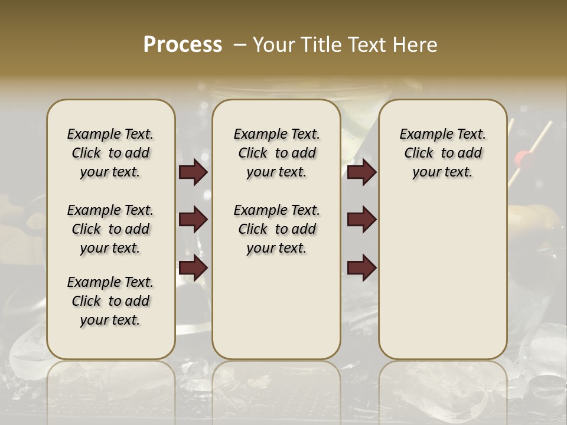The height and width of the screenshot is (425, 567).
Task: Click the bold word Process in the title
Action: (183, 45)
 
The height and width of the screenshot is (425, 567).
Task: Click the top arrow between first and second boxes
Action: (193, 172)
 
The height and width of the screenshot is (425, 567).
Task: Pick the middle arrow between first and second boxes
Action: (193, 220)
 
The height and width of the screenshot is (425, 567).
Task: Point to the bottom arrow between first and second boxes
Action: (193, 268)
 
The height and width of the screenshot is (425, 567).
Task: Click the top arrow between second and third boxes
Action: (361, 172)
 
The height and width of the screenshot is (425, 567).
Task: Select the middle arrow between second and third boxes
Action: (361, 220)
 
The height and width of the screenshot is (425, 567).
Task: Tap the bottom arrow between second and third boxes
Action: (361, 268)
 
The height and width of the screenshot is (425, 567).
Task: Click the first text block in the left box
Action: (110, 153)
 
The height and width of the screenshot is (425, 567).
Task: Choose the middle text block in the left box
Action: (110, 229)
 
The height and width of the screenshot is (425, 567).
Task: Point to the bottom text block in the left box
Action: (110, 301)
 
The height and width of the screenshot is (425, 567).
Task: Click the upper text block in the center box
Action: (276, 153)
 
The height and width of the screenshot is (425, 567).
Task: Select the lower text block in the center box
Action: (276, 229)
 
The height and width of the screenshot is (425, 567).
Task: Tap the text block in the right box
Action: (442, 153)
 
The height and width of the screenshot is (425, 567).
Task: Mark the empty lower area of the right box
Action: (442, 277)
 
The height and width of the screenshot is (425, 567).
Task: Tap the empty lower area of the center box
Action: (276, 307)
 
